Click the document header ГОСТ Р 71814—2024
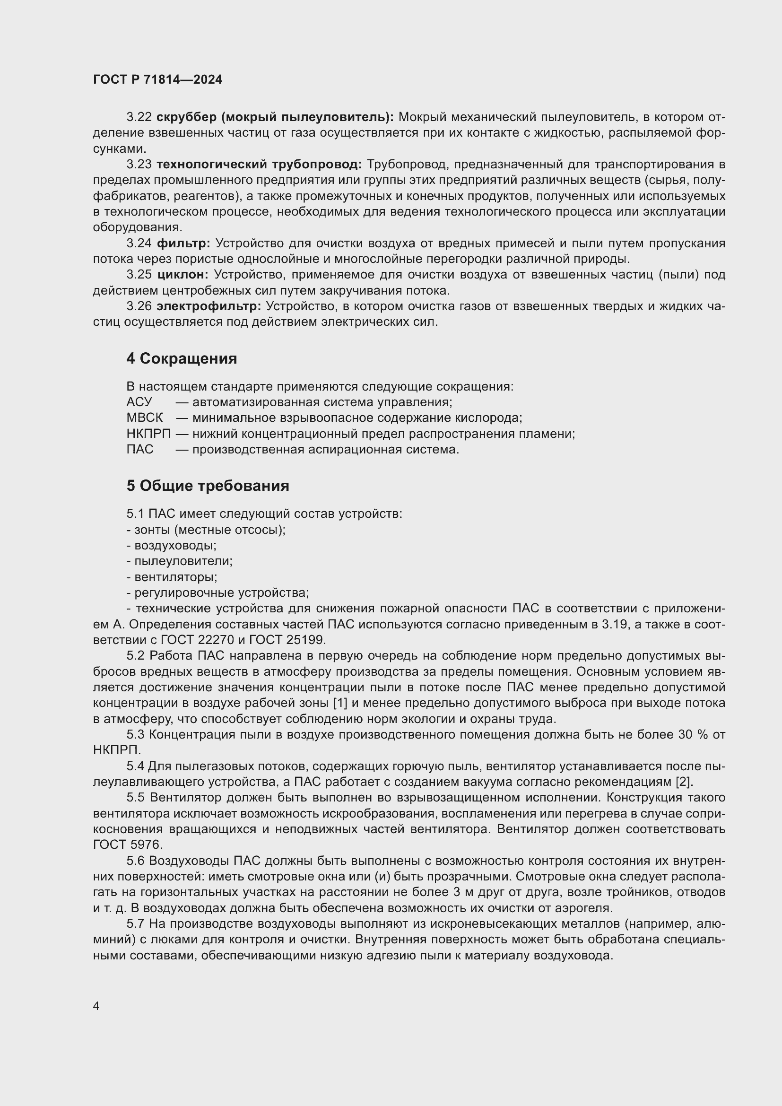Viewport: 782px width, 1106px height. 157,80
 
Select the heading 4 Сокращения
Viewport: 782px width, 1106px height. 182,358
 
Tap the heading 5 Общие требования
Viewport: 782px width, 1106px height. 208,486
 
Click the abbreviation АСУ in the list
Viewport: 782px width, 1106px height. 139,402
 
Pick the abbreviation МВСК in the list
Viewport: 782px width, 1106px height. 145,418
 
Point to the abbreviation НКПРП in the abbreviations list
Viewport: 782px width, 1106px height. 148,434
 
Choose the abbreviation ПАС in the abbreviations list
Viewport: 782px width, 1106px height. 139,449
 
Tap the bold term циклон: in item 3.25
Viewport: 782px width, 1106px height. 182,275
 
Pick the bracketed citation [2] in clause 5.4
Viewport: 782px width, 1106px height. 684,781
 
